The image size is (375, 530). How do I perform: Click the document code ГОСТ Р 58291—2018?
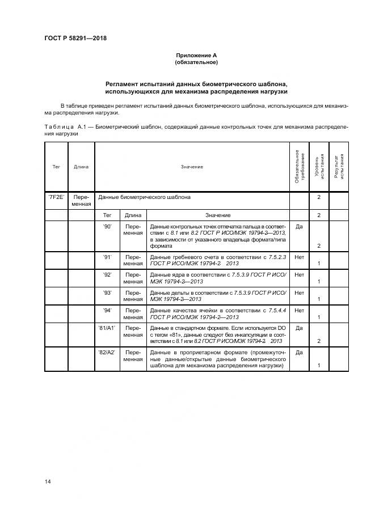(75, 39)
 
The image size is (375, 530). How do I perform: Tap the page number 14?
(48, 481)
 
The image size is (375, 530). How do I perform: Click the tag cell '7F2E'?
(56, 197)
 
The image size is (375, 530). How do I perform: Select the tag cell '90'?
(107, 226)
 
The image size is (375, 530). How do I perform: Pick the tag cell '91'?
(107, 257)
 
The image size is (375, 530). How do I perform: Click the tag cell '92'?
(107, 274)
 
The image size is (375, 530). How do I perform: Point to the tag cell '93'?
(107, 292)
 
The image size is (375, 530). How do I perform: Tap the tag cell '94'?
(107, 310)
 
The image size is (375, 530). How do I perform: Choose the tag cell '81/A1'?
(107, 328)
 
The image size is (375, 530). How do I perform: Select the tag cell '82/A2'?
(107, 352)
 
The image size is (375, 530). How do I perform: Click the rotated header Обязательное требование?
(300, 167)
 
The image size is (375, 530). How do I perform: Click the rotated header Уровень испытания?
(319, 167)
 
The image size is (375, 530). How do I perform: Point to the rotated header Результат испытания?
(339, 167)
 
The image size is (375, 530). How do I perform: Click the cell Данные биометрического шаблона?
(144, 197)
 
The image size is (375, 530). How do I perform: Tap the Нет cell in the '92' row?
(300, 274)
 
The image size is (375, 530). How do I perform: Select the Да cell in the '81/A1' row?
(300, 328)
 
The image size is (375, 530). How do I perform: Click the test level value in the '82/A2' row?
(319, 366)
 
